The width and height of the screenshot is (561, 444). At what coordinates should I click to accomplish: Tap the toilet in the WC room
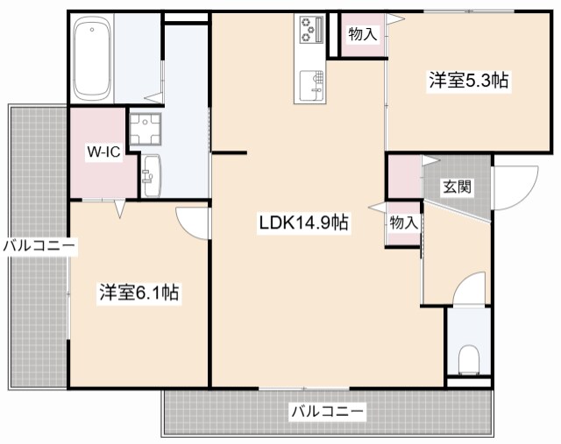469,358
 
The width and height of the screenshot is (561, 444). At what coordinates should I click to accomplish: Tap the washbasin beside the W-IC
151,176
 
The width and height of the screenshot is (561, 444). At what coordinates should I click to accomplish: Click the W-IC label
103,151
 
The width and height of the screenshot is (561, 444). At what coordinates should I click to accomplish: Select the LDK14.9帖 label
303,222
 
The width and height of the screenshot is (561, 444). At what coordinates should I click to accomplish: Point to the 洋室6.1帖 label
138,293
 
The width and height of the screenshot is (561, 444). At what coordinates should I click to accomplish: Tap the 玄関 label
456,186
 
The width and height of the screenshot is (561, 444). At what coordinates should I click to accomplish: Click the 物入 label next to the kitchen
362,35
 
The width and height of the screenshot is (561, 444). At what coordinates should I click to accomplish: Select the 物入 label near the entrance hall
403,223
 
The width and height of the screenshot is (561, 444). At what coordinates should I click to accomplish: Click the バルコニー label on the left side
39,246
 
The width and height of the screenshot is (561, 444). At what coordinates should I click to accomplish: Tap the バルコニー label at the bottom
327,410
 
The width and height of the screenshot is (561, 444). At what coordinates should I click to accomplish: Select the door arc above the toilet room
469,289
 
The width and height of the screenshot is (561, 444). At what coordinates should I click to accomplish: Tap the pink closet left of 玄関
404,176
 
